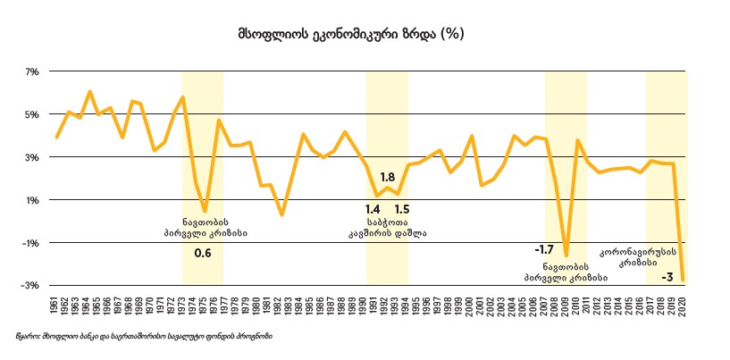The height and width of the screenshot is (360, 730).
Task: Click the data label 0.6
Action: tap(203, 254)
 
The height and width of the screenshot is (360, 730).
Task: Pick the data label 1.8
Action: tap(388, 177)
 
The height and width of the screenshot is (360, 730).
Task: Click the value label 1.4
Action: tap(373, 209)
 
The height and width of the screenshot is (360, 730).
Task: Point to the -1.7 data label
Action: tap(544, 249)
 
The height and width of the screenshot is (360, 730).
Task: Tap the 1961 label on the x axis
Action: tap(56, 304)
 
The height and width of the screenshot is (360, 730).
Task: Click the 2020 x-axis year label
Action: tap(684, 304)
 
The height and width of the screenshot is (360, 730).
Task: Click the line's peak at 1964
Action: tap(90, 91)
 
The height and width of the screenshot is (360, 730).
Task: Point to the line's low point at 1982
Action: tap(281, 215)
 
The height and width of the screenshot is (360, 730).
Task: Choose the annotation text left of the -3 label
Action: tap(631, 257)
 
